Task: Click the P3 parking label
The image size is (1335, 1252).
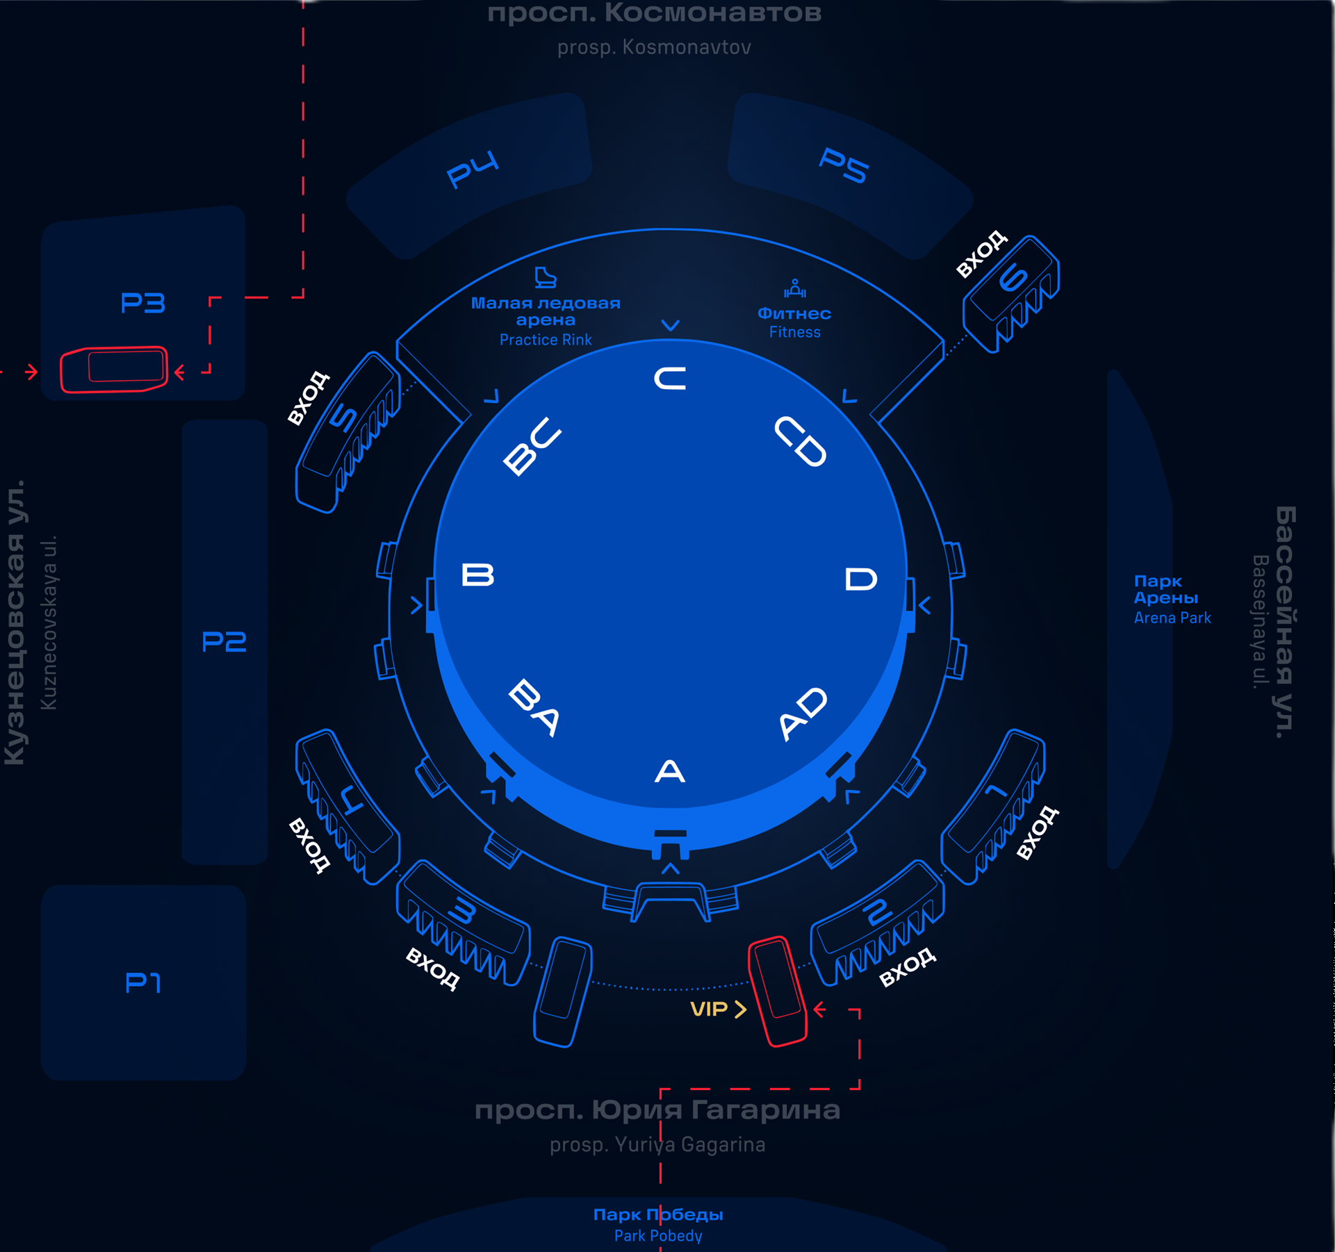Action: tap(142, 303)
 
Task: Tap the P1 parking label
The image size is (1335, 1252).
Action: tap(143, 982)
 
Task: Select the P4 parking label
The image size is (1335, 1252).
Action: tap(473, 169)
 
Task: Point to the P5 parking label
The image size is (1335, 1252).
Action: tap(844, 165)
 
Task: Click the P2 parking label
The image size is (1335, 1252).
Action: tap(224, 641)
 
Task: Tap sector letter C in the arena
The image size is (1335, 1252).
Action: tap(670, 379)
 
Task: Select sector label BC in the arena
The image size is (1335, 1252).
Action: tap(532, 446)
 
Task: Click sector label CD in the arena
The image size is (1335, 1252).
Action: tap(801, 442)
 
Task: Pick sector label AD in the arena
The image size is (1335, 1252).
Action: tap(803, 714)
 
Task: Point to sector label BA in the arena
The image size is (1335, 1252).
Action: tap(534, 708)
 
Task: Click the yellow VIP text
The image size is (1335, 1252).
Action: tap(709, 1009)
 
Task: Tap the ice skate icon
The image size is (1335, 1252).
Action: tap(546, 277)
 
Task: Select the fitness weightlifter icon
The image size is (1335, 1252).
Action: tap(794, 288)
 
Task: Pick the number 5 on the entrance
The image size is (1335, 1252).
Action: tap(344, 418)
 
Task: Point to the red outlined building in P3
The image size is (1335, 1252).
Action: tap(115, 369)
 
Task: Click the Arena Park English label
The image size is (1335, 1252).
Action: tap(1172, 618)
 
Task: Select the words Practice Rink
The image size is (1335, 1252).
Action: tap(546, 340)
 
